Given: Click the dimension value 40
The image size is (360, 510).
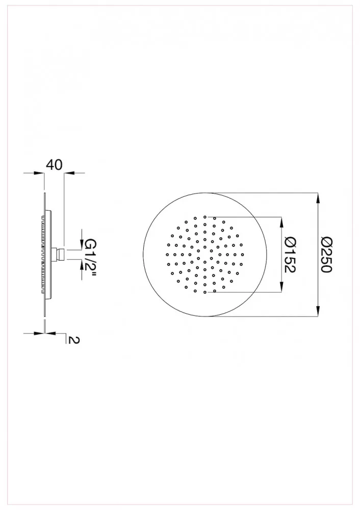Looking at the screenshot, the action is click(55, 165).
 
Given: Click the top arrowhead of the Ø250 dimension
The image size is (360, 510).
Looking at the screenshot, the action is click(318, 198).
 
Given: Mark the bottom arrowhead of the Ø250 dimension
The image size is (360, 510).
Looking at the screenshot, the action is click(318, 311).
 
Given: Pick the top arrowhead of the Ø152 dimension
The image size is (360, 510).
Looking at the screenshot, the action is click(281, 222).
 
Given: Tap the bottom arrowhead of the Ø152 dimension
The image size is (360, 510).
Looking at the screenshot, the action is click(281, 287).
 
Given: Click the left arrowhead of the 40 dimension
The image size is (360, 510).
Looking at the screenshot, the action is click(38, 173).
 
